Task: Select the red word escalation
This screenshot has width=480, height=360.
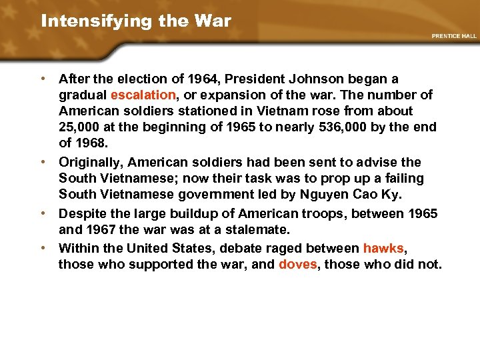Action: [x=143, y=95]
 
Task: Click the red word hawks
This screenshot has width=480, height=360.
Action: [x=383, y=248]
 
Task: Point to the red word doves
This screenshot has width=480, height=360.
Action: [x=297, y=264]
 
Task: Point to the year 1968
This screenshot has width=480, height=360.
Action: [x=91, y=143]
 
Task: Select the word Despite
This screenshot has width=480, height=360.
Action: [x=81, y=213]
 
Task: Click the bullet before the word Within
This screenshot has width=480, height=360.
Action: [x=43, y=248]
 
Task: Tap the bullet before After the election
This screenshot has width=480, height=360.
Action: [x=43, y=79]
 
